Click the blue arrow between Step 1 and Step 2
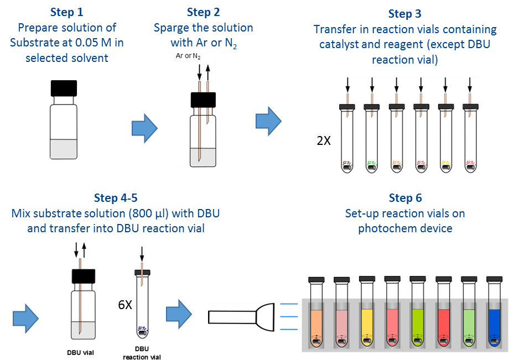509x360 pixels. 145,129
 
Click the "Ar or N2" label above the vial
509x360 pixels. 188,56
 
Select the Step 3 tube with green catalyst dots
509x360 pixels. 371,138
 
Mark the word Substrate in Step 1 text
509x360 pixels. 45,43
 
